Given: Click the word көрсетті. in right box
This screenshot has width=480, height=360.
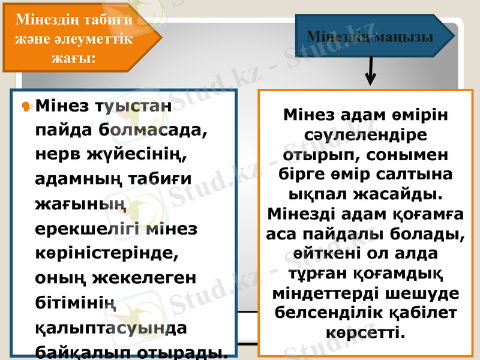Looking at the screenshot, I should pos(365,331).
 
